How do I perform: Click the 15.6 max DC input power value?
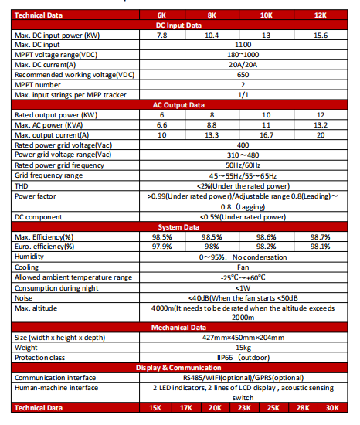tap(319, 36)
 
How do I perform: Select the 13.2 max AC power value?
tap(319, 124)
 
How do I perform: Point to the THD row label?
tap(22, 185)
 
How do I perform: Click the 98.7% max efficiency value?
tap(319, 236)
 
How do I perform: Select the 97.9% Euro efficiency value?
tap(161, 246)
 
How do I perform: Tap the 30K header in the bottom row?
tap(333, 408)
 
